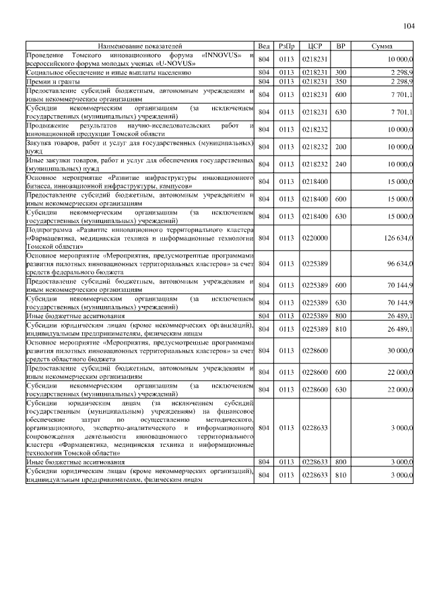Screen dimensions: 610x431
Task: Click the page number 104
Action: click(x=408, y=26)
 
